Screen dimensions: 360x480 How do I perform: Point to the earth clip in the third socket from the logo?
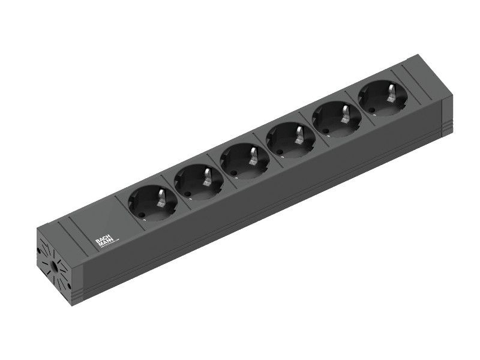click(x=252, y=157)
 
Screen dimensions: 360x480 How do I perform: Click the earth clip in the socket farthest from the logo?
click(x=391, y=93)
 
